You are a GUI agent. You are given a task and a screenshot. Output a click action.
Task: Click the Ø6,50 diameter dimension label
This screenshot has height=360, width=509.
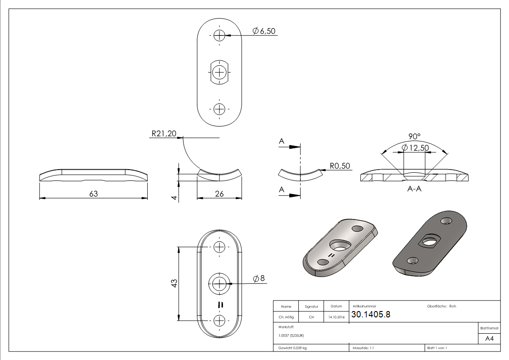264,31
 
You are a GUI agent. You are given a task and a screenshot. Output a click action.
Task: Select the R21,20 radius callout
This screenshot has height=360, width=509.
163,134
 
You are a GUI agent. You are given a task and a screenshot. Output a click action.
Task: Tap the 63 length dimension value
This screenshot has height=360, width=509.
93,194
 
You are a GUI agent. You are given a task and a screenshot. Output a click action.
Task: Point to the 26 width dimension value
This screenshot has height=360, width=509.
219,194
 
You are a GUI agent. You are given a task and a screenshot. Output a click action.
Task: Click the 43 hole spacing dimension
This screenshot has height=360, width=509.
174,283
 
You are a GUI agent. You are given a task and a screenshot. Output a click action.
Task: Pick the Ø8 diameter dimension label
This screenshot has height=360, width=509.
259,279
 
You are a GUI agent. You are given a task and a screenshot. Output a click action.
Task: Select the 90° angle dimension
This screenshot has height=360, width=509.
414,136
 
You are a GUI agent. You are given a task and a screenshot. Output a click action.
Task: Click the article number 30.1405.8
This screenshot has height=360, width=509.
371,315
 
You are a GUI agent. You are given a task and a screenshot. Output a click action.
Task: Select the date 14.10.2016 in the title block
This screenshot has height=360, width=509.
336,317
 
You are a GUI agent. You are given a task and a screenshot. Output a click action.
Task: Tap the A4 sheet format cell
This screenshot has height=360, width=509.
490,339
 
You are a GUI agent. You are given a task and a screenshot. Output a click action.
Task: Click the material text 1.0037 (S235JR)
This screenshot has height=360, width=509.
291,335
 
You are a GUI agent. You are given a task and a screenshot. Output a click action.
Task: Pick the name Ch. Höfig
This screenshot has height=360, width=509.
286,317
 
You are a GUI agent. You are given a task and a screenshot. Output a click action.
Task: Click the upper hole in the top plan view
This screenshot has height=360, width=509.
219,35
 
